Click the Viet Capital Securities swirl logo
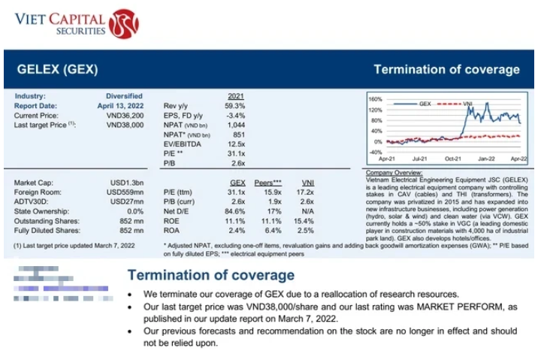123,23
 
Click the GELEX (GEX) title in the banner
57,70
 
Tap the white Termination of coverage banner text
446,70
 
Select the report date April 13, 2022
119,105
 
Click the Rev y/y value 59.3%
234,106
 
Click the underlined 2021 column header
235,96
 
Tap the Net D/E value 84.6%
234,212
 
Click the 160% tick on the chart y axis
375,99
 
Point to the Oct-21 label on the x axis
452,160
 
